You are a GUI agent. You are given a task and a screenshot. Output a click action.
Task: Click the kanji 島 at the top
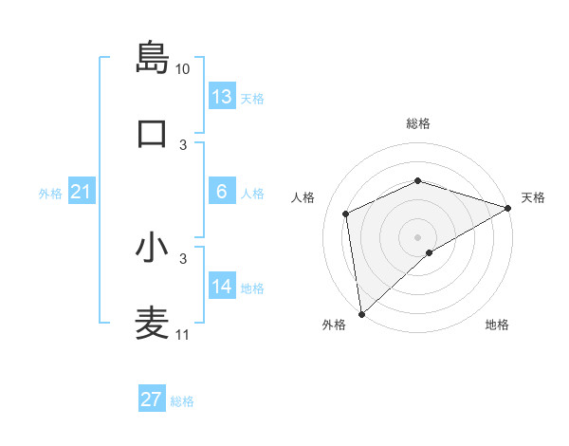[x=152, y=57]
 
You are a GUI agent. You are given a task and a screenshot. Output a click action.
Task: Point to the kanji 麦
[x=152, y=324]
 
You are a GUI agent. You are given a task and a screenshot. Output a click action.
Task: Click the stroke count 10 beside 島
[x=183, y=69]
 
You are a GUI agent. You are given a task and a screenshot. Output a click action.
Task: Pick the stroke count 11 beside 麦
[x=183, y=335]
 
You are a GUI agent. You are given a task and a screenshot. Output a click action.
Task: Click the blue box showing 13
[x=222, y=97]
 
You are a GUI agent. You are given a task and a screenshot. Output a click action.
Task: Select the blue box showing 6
[x=222, y=192]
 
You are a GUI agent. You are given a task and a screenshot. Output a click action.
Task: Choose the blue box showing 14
[x=222, y=287]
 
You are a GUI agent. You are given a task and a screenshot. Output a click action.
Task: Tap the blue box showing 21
[x=82, y=193]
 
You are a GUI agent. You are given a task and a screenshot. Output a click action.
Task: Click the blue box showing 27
[x=152, y=400]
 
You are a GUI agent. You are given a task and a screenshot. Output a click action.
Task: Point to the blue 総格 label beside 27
[x=183, y=401]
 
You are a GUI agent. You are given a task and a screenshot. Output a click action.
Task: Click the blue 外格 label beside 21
[x=50, y=194]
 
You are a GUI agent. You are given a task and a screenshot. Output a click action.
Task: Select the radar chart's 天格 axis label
[x=533, y=197]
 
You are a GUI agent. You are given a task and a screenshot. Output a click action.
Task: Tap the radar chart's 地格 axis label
[x=497, y=325]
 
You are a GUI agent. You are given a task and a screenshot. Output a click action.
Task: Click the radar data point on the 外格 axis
[x=360, y=314]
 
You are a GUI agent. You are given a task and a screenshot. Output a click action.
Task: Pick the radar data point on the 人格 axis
[x=346, y=214]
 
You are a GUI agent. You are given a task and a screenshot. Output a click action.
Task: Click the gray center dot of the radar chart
[x=417, y=236]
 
